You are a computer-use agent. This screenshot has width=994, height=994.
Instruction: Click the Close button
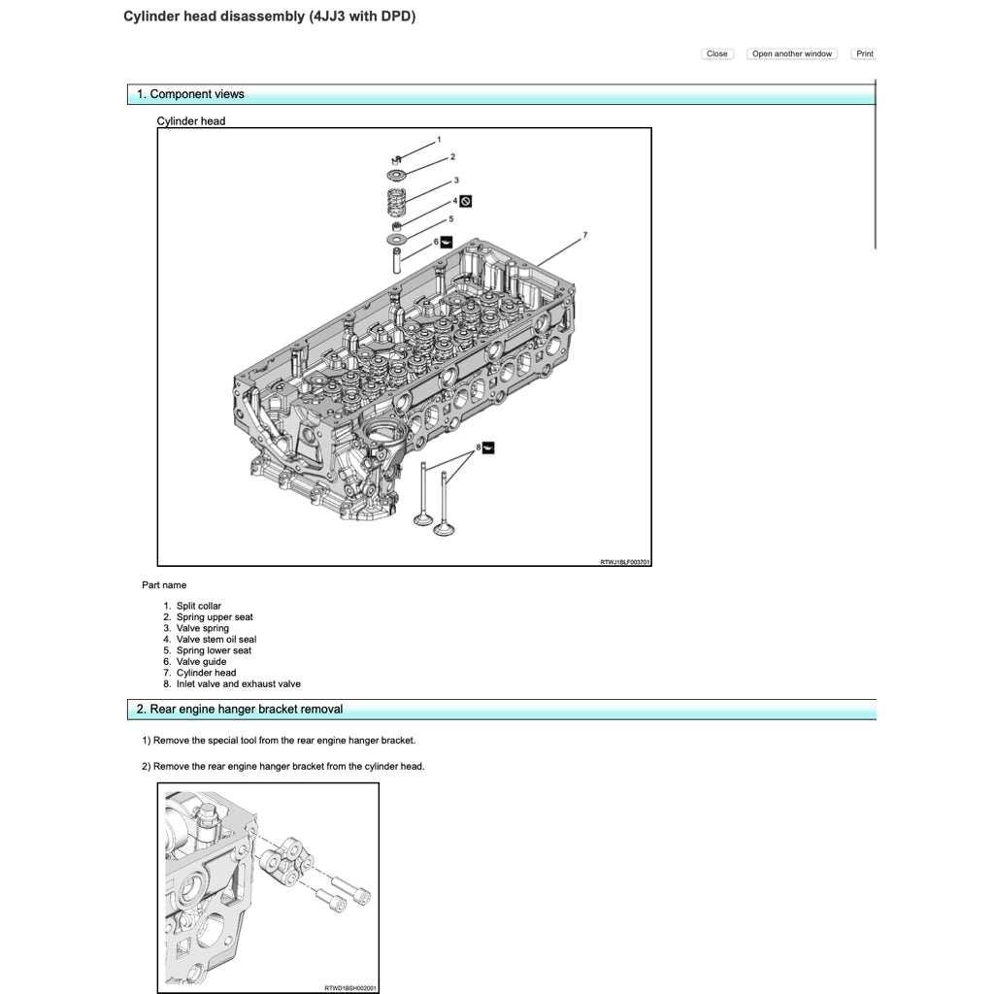[716, 54]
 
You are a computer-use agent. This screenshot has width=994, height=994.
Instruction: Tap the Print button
[864, 54]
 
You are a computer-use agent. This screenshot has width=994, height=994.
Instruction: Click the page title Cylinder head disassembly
[269, 17]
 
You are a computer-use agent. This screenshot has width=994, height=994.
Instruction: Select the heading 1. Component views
[190, 94]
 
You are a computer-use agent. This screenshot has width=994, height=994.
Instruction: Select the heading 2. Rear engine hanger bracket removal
[239, 710]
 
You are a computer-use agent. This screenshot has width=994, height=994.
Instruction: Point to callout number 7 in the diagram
[585, 235]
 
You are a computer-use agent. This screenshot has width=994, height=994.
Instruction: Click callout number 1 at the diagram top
[439, 140]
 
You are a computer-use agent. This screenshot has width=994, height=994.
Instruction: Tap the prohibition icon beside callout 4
[466, 201]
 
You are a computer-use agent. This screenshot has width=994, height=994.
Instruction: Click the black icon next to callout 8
[488, 447]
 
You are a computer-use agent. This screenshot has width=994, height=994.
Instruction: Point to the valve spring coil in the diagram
[395, 204]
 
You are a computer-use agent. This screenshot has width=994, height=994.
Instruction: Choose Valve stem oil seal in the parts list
[216, 640]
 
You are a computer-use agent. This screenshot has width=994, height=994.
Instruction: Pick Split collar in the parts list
[199, 607]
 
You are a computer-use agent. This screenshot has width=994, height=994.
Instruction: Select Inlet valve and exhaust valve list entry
[239, 684]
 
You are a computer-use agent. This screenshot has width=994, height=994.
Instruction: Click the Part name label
[164, 585]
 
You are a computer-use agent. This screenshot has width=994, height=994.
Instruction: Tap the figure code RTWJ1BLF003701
[625, 562]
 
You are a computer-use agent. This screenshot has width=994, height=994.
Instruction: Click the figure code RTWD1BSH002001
[350, 988]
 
